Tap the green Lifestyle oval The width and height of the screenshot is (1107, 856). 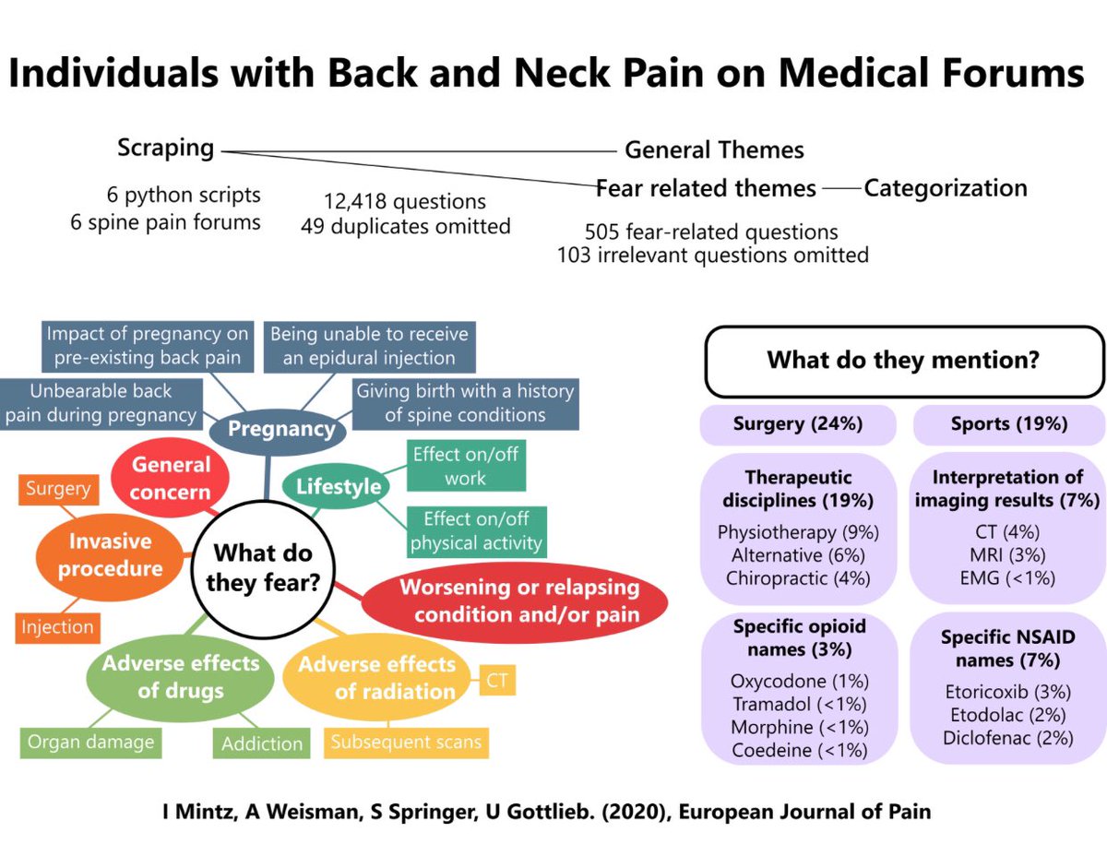click(339, 486)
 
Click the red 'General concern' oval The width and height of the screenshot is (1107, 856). click(170, 478)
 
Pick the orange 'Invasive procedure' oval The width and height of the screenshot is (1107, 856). click(110, 554)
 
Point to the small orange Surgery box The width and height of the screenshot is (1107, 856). click(58, 488)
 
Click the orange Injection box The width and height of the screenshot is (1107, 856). click(58, 627)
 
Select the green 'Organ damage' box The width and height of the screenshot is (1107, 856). click(90, 742)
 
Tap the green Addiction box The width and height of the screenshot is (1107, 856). click(262, 743)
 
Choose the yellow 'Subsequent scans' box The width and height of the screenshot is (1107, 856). click(406, 742)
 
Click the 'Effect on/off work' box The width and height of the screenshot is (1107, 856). click(466, 466)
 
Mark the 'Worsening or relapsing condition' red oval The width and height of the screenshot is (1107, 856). click(514, 600)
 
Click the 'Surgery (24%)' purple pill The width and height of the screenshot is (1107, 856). click(797, 424)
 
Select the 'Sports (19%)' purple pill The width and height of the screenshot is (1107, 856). click(1008, 424)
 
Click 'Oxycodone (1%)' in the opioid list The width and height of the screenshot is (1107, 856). click(800, 682)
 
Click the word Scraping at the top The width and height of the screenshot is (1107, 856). click(166, 147)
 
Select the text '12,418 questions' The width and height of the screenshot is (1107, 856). click(404, 201)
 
